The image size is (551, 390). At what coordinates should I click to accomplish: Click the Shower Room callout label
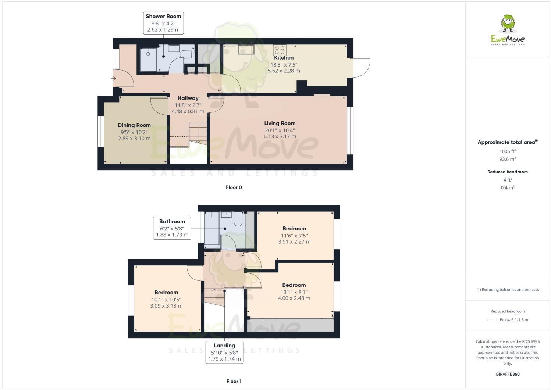[x=163, y=23]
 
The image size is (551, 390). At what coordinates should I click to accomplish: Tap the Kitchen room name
[x=284, y=58]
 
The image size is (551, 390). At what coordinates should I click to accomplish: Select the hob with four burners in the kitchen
[x=280, y=50]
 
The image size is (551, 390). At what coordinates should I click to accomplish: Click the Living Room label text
[x=280, y=124]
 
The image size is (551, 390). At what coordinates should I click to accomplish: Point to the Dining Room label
[x=134, y=125]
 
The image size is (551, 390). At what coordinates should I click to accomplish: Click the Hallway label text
[x=188, y=98]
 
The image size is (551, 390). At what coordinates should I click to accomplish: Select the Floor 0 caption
[x=234, y=187]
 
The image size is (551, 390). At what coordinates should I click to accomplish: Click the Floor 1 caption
[x=234, y=381]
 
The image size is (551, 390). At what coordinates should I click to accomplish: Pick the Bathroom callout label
[x=172, y=228]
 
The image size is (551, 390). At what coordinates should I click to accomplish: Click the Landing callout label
[x=224, y=352]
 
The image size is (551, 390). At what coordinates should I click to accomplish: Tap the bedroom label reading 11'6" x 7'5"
[x=294, y=235]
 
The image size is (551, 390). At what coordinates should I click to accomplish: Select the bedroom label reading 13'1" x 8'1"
[x=294, y=291]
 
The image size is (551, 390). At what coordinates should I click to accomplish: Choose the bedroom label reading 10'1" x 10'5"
[x=166, y=299]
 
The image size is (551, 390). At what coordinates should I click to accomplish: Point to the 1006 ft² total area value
[x=508, y=151]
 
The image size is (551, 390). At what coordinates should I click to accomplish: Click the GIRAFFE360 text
[x=508, y=374]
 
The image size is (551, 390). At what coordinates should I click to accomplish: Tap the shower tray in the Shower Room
[x=149, y=59]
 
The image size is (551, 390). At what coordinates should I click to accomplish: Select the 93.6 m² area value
[x=508, y=159]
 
